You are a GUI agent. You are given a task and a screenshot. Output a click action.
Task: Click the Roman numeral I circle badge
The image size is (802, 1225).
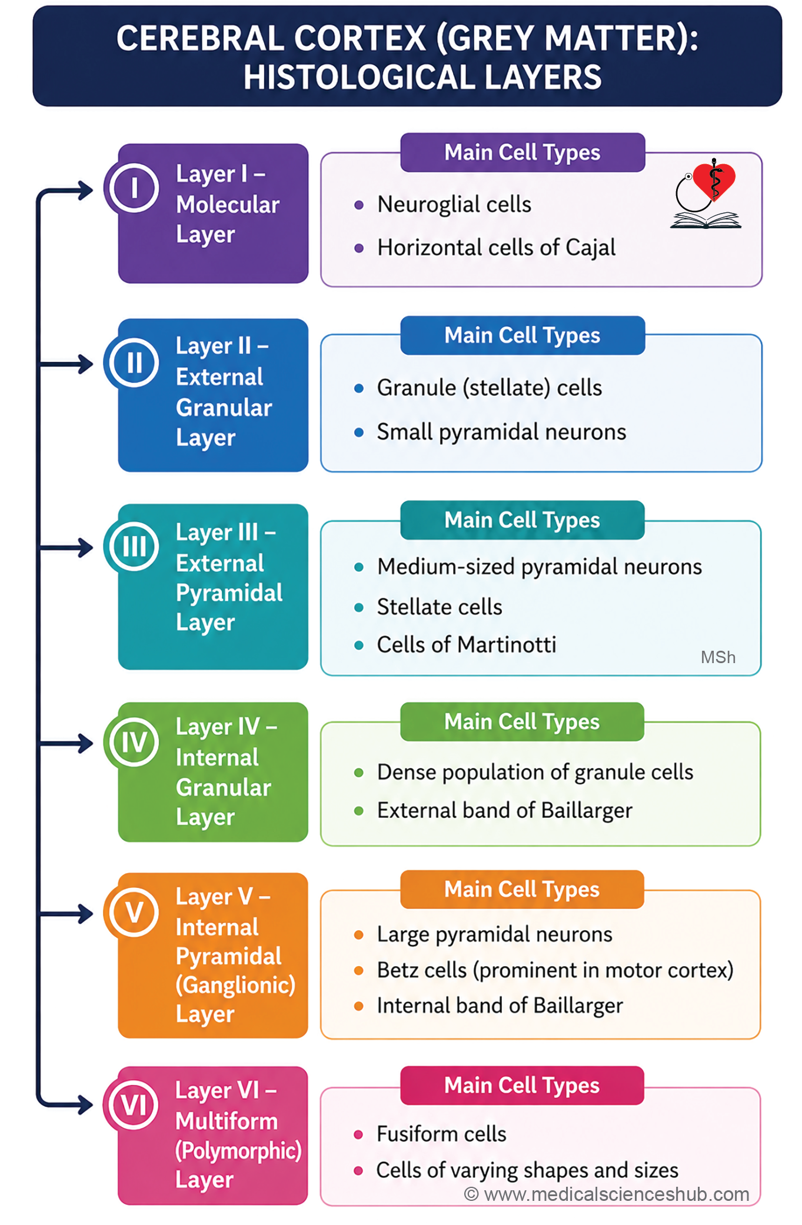pos(134,188)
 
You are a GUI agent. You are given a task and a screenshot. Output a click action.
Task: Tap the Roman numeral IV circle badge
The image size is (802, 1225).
pos(134,742)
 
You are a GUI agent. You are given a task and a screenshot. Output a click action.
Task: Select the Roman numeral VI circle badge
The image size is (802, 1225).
pos(134,1105)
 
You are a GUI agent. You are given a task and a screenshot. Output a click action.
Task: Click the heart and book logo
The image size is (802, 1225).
pos(706,193)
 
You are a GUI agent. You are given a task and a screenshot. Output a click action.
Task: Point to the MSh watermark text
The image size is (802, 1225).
pos(718,657)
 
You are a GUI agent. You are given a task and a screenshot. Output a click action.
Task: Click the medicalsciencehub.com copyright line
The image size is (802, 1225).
pos(607,1194)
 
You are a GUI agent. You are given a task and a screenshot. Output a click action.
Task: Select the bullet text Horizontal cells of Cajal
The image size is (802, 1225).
pos(496,248)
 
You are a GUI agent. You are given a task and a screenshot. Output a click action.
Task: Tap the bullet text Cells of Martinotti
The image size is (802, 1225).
pos(466,645)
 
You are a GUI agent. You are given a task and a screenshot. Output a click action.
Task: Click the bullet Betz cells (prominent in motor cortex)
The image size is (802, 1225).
pos(555,970)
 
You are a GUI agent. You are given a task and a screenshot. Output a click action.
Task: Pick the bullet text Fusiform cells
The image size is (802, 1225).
pos(441,1134)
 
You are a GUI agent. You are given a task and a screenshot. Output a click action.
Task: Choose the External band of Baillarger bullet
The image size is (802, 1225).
pos(504,811)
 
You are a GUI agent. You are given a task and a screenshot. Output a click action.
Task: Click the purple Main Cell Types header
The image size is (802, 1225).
pos(523,152)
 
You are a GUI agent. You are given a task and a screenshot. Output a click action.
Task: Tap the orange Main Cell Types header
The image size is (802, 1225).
pos(522,889)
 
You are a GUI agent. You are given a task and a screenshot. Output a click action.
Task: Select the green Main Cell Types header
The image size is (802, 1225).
pos(522,721)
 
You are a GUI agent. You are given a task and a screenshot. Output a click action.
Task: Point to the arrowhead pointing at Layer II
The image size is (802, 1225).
pos(86,364)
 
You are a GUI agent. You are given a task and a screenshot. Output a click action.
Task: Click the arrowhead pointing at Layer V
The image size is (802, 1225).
pos(86,914)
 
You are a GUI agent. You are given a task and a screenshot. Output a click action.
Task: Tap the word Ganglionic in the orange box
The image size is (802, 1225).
pos(235,985)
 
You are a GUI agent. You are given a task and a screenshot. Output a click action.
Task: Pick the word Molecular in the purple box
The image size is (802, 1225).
pos(228,205)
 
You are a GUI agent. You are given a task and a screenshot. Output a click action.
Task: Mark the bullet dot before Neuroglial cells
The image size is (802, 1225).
pos(359,205)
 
